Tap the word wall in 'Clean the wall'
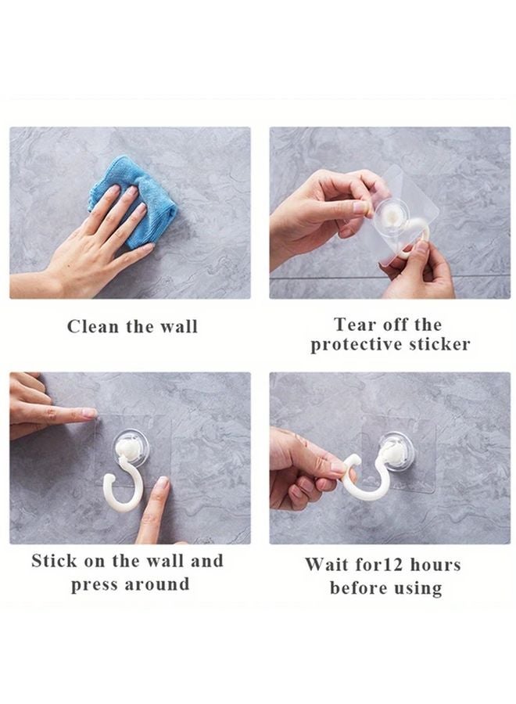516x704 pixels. [178, 326]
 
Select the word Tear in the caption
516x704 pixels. [354, 324]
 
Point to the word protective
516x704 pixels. [357, 345]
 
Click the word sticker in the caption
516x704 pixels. [440, 345]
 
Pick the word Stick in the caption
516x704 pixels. [56, 561]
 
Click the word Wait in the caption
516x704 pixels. [328, 564]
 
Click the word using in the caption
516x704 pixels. [418, 587]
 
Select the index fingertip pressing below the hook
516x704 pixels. [160, 484]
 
